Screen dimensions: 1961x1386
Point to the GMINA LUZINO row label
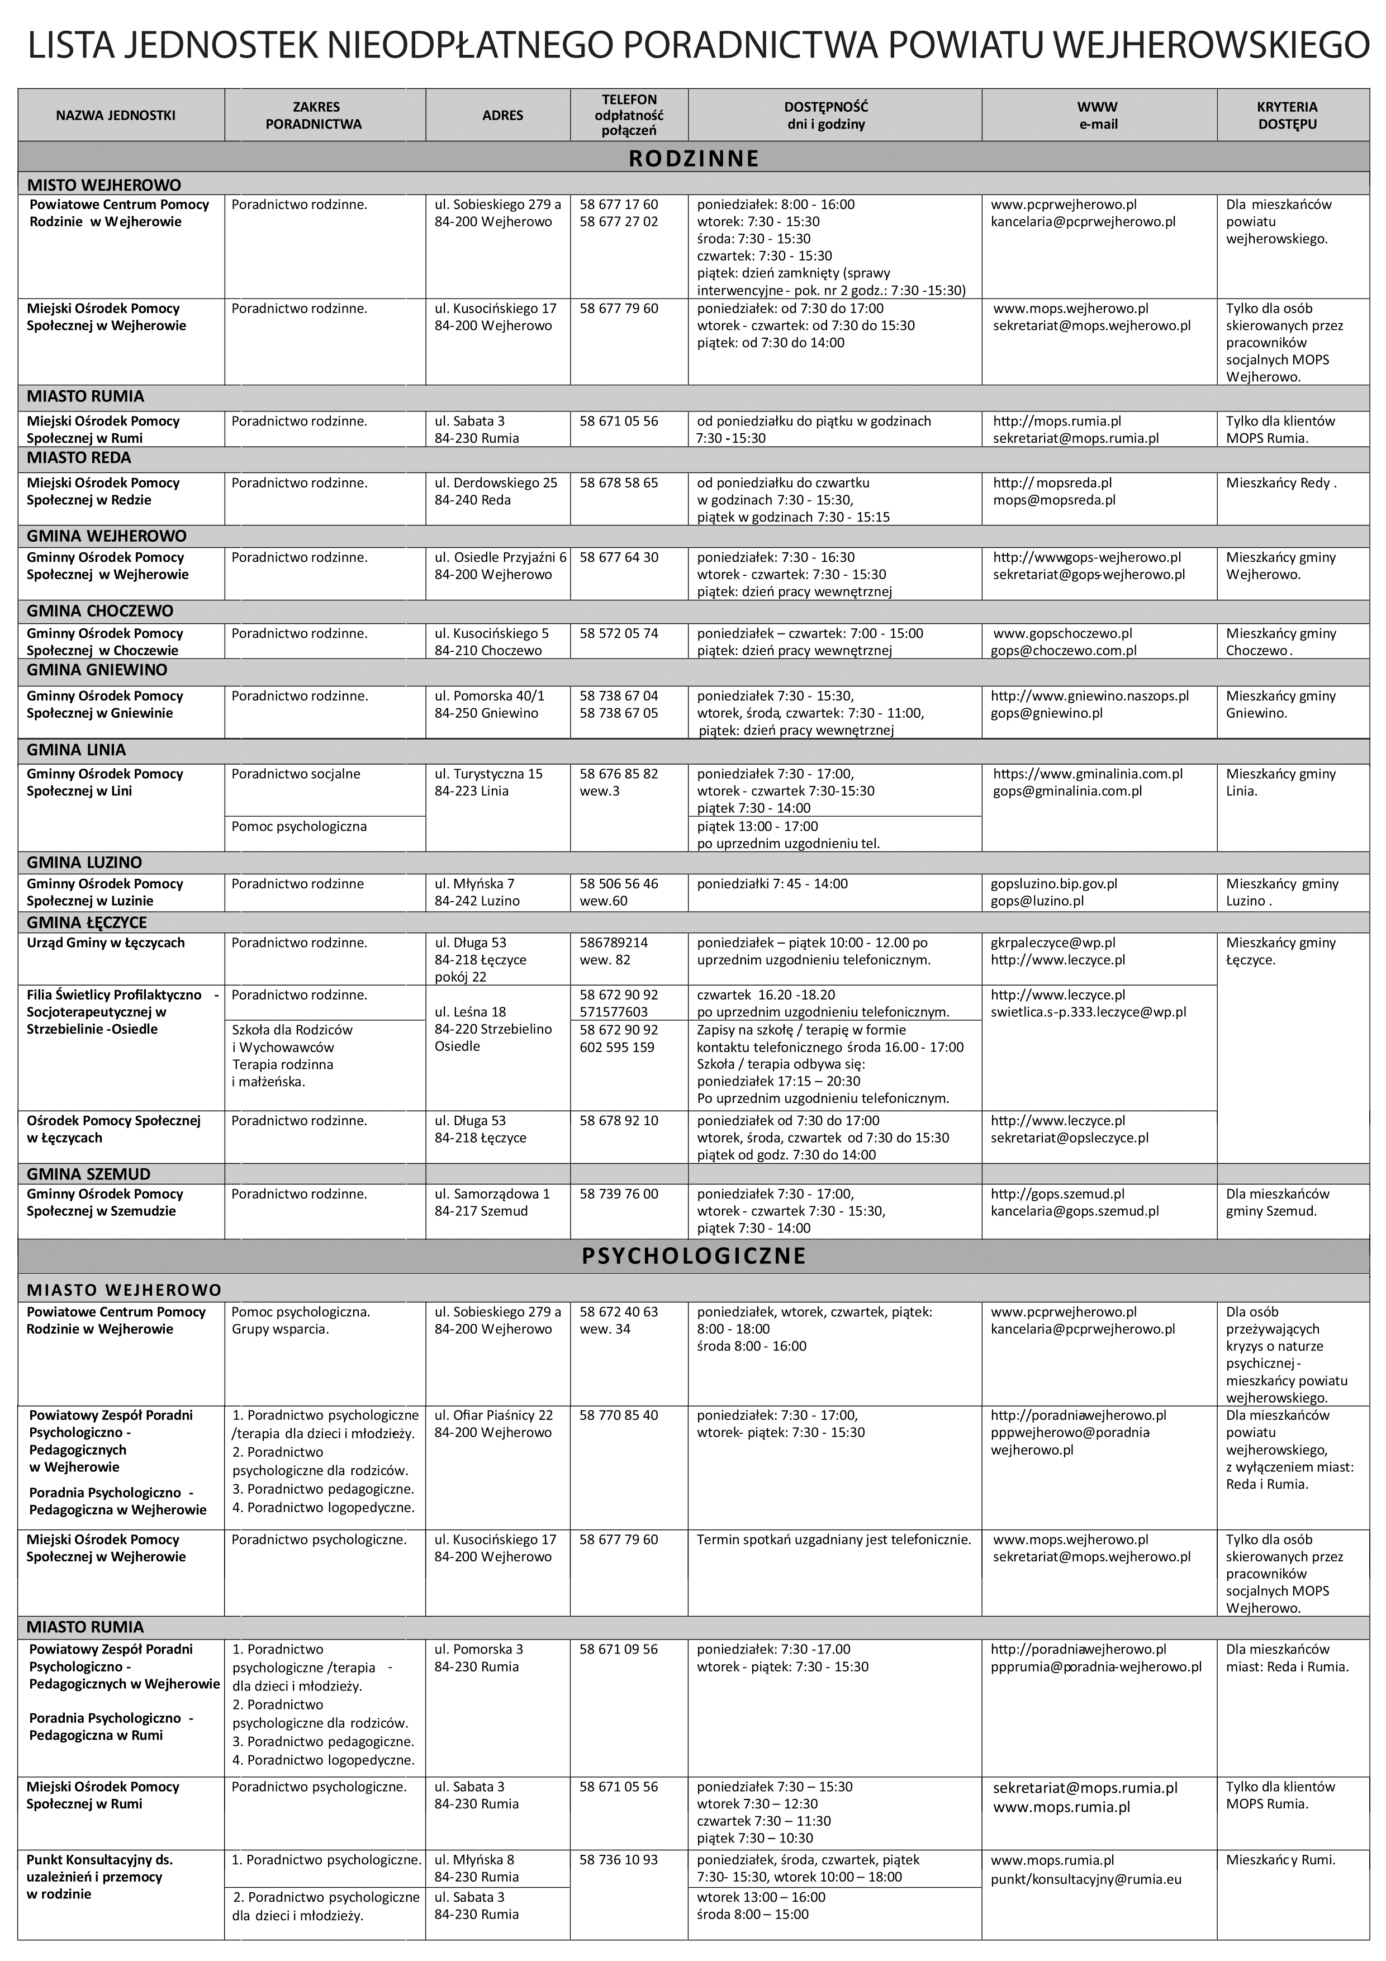84,863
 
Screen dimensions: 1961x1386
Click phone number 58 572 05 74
618,634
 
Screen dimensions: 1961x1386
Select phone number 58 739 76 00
618,1194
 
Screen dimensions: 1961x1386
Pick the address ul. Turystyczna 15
488,774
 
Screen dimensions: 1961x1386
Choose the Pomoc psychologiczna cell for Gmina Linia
299,826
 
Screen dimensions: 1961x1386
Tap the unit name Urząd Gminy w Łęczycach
106,943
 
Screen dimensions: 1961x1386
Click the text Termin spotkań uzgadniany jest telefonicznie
833,1540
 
